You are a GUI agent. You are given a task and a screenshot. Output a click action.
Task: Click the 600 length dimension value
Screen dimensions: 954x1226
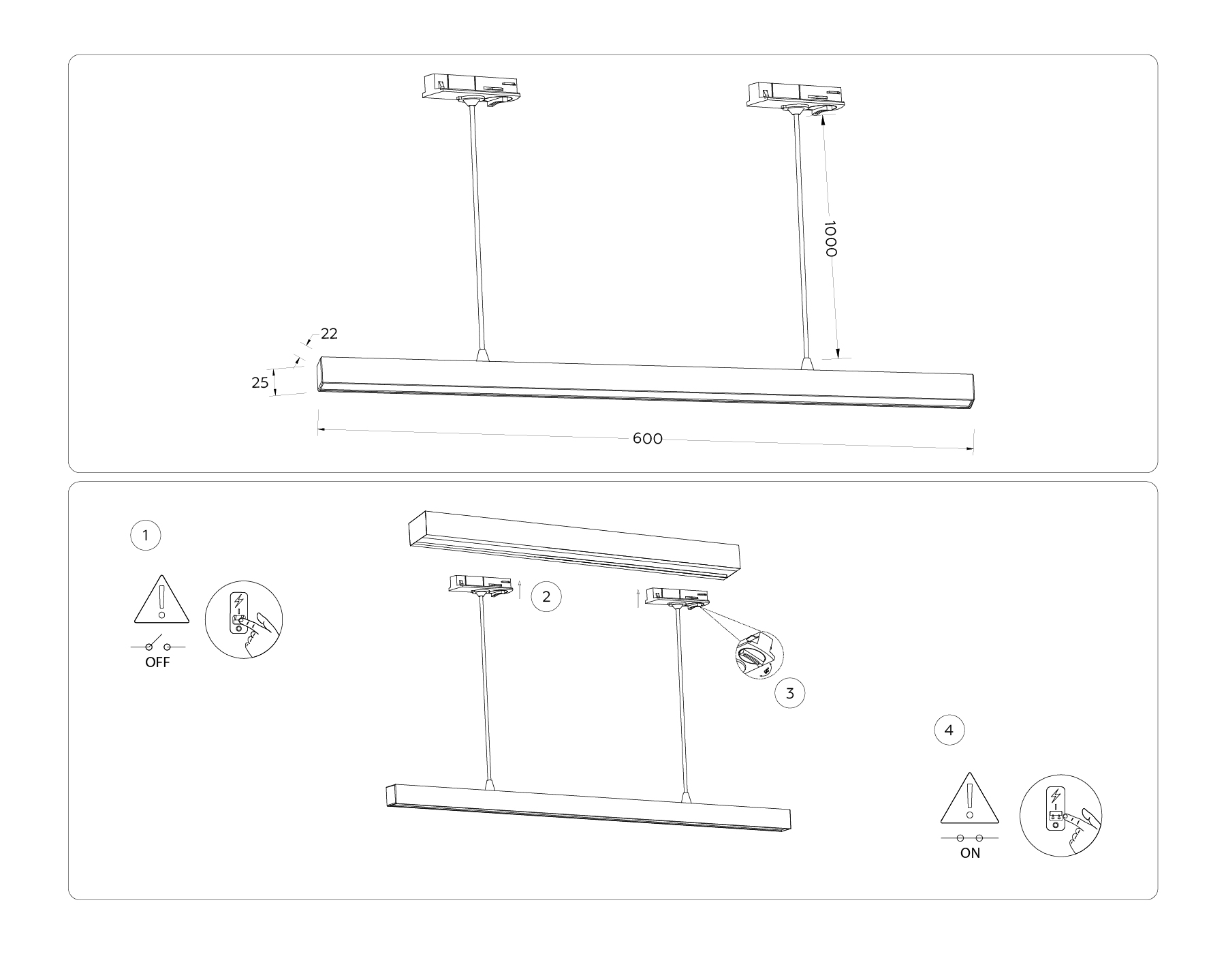(647, 439)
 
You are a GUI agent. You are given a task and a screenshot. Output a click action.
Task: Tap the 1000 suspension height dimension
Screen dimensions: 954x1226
(830, 238)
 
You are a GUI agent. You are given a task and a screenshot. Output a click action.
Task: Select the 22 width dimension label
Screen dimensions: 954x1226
(329, 334)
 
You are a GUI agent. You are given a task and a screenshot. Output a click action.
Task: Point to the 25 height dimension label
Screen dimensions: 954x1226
(260, 383)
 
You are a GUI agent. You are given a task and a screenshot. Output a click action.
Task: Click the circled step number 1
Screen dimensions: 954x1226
(145, 536)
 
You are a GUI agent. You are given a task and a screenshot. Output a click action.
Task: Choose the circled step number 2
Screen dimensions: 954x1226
(546, 597)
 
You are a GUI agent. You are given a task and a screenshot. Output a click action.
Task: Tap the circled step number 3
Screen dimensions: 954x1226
(789, 694)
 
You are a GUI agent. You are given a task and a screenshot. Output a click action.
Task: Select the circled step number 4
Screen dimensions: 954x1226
(949, 731)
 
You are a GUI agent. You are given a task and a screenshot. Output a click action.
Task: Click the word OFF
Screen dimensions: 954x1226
(157, 662)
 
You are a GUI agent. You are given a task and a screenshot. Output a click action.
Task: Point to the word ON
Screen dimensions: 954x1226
(970, 853)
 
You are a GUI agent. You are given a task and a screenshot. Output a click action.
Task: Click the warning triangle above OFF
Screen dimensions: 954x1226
(161, 600)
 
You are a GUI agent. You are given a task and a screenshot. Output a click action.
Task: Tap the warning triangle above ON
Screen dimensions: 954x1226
(969, 799)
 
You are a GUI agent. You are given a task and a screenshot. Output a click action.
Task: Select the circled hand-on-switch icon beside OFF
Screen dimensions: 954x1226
(244, 619)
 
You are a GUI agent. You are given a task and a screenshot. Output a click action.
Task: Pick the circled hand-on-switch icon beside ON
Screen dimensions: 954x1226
(1060, 815)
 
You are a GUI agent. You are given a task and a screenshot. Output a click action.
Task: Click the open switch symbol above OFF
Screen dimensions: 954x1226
(157, 645)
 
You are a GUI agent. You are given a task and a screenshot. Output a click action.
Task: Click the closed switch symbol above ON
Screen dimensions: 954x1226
(969, 837)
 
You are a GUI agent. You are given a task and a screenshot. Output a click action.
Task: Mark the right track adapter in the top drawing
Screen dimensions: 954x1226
(795, 95)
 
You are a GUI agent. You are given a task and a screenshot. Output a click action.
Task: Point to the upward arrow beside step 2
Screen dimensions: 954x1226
(520, 588)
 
